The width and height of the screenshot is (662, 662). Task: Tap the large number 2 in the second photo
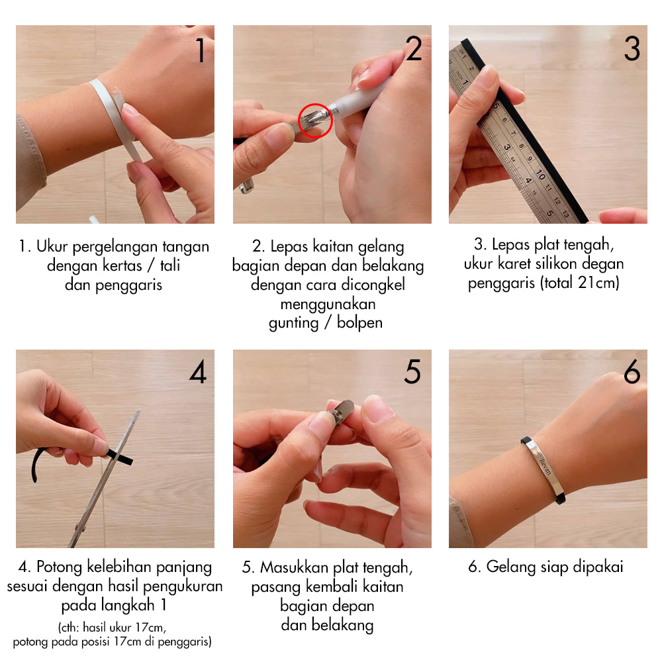(414, 48)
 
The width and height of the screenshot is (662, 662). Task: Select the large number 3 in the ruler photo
(632, 48)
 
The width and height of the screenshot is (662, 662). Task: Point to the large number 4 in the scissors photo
(198, 371)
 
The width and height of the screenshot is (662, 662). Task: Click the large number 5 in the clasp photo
(412, 371)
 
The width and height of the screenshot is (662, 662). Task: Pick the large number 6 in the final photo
(632, 371)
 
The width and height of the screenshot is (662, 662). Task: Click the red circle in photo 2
(315, 120)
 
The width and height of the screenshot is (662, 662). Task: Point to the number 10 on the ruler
(541, 174)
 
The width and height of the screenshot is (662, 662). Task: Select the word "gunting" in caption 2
(294, 324)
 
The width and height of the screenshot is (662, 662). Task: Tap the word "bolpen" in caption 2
(359, 322)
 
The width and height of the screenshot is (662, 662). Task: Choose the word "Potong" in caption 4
(59, 567)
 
